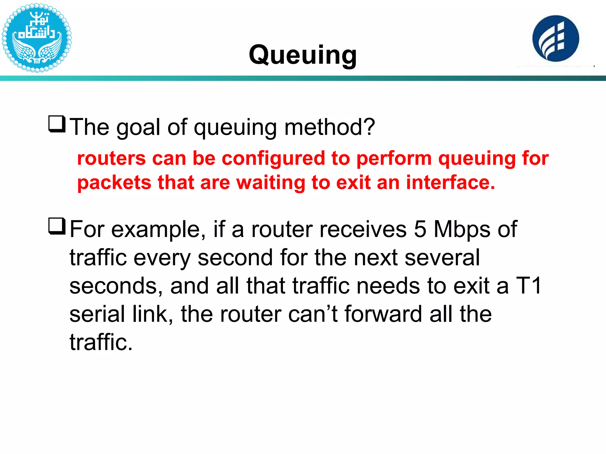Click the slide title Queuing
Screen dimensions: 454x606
point(303,55)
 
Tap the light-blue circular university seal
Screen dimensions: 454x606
point(36,38)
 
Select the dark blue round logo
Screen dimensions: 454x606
point(555,38)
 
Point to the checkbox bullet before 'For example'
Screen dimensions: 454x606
point(57,226)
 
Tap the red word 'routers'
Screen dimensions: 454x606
point(112,158)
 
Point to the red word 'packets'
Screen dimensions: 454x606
point(114,183)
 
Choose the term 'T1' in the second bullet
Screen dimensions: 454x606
point(529,286)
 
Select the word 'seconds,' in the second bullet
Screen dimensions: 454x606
point(116,286)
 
